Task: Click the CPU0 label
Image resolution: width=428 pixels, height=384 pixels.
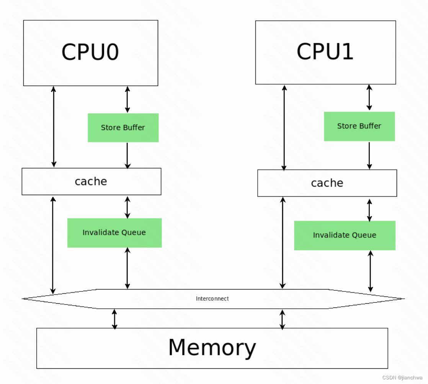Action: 90,52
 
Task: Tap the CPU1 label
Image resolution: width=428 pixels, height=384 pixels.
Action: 325,51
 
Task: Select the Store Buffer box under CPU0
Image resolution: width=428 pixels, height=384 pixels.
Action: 123,128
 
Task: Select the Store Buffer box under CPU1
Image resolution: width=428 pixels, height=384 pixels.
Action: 359,126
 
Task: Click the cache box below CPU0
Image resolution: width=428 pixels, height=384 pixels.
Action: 91,181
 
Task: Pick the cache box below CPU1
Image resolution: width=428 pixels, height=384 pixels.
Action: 327,183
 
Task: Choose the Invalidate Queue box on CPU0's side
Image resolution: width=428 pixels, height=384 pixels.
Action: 114,233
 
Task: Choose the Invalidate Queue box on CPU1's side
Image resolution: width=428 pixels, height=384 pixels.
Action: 345,235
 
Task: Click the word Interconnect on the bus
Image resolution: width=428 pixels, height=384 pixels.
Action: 212,299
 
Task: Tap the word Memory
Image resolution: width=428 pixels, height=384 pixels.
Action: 212,347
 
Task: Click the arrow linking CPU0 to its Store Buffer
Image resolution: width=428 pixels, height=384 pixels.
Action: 127,99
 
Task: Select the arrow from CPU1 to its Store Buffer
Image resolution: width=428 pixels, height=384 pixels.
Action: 369,98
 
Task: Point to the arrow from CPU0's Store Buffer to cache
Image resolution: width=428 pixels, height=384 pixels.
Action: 127,155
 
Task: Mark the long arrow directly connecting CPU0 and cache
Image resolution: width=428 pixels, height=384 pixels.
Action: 54,127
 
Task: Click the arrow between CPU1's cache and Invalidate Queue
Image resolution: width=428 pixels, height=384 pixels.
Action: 369,210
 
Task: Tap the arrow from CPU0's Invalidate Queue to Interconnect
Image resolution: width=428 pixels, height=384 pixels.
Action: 127,268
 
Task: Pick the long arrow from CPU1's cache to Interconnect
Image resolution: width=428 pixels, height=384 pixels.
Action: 283,242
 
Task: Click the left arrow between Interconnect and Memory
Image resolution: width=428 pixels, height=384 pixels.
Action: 114,319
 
